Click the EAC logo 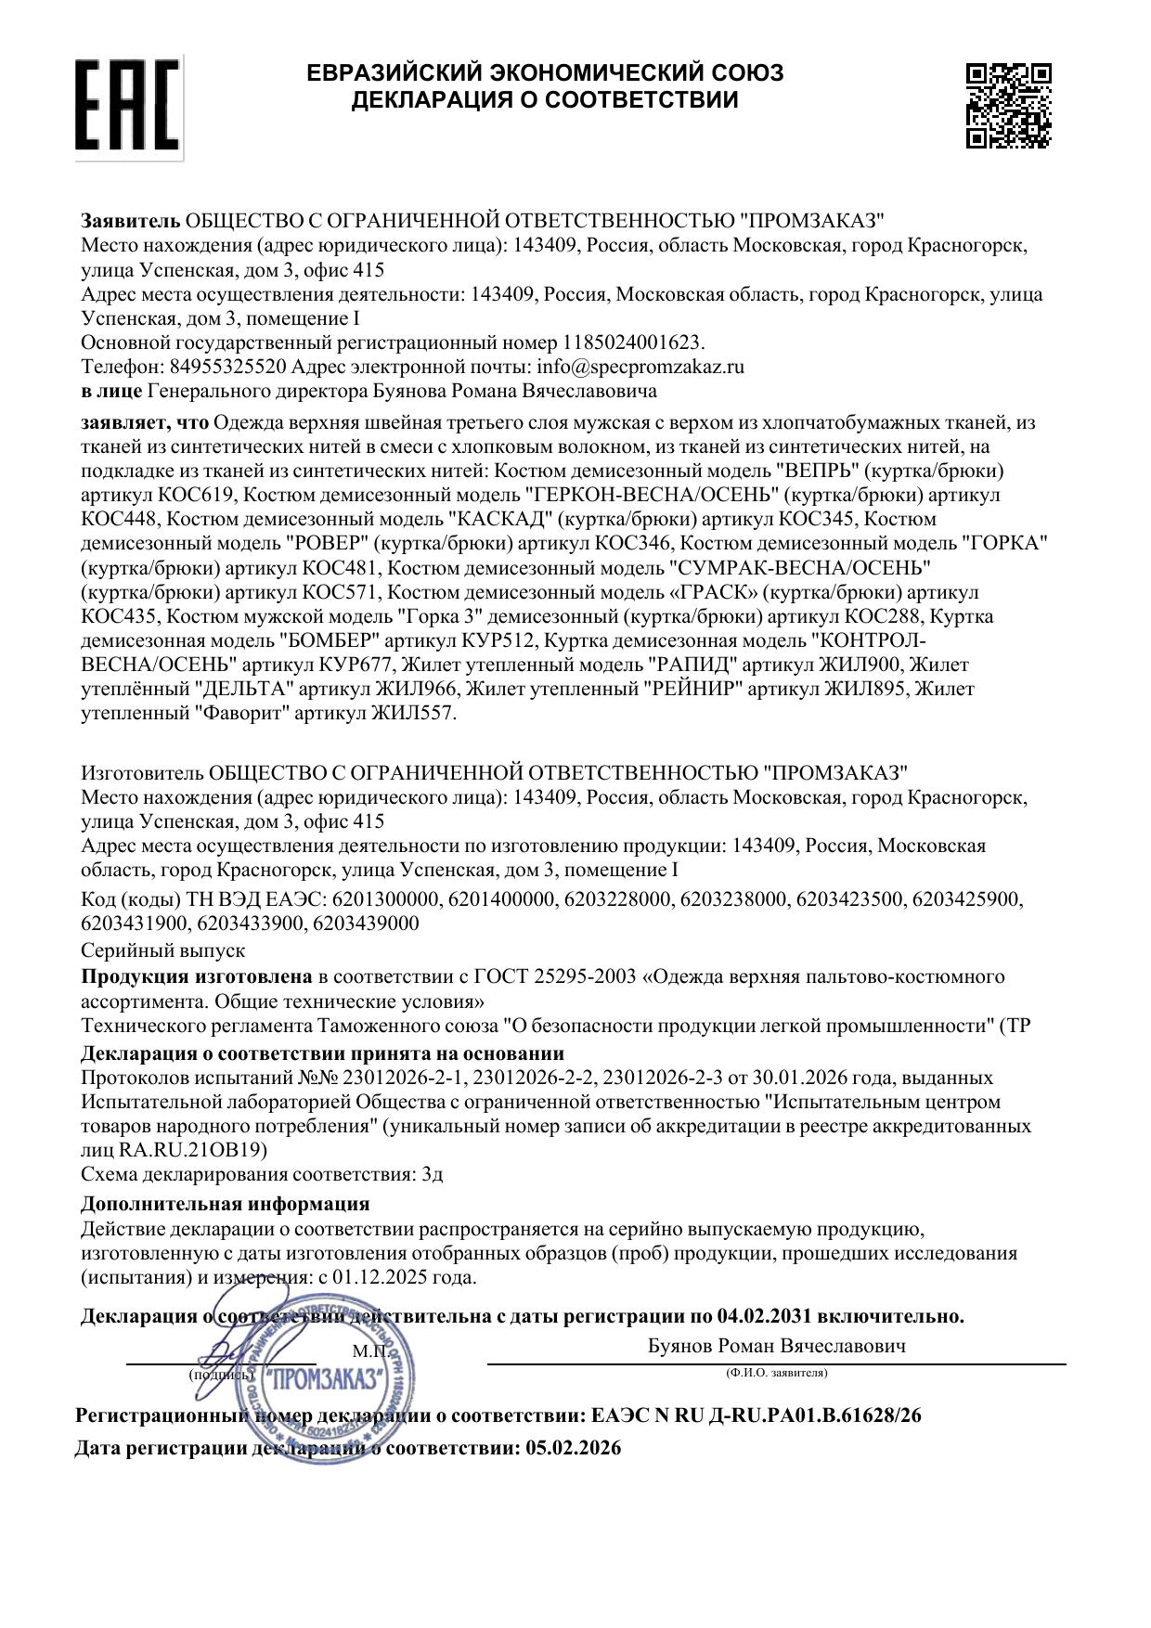pyautogui.click(x=127, y=105)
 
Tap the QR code pyautogui.click(x=1008, y=105)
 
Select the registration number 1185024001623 pyautogui.click(x=633, y=342)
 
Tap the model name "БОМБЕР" pyautogui.click(x=331, y=640)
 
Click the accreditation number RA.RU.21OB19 pyautogui.click(x=193, y=1150)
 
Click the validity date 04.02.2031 pyautogui.click(x=765, y=1316)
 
